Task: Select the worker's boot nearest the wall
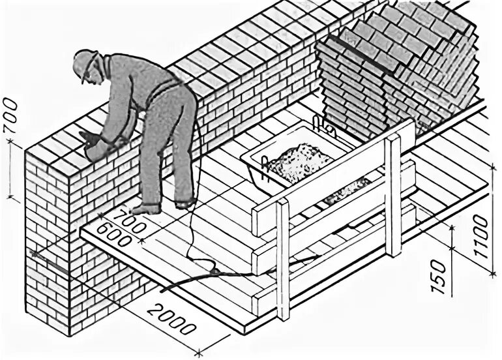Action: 147,209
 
